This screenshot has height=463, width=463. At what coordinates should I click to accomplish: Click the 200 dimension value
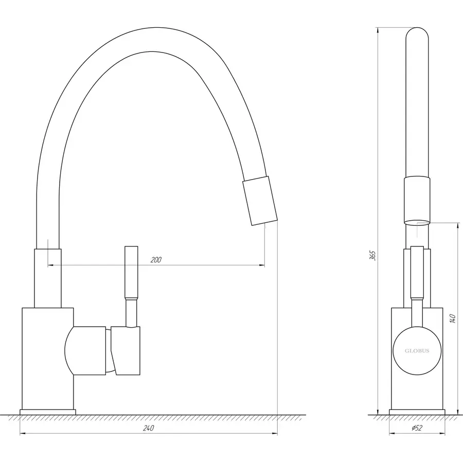pyautogui.click(x=156, y=260)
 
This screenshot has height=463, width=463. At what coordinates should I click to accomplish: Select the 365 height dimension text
pyautogui.click(x=373, y=255)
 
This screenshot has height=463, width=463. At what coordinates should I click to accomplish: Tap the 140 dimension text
pyautogui.click(x=453, y=318)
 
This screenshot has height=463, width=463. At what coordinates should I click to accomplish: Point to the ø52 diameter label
pyautogui.click(x=417, y=429)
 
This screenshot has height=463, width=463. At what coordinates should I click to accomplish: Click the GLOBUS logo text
pyautogui.click(x=417, y=352)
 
